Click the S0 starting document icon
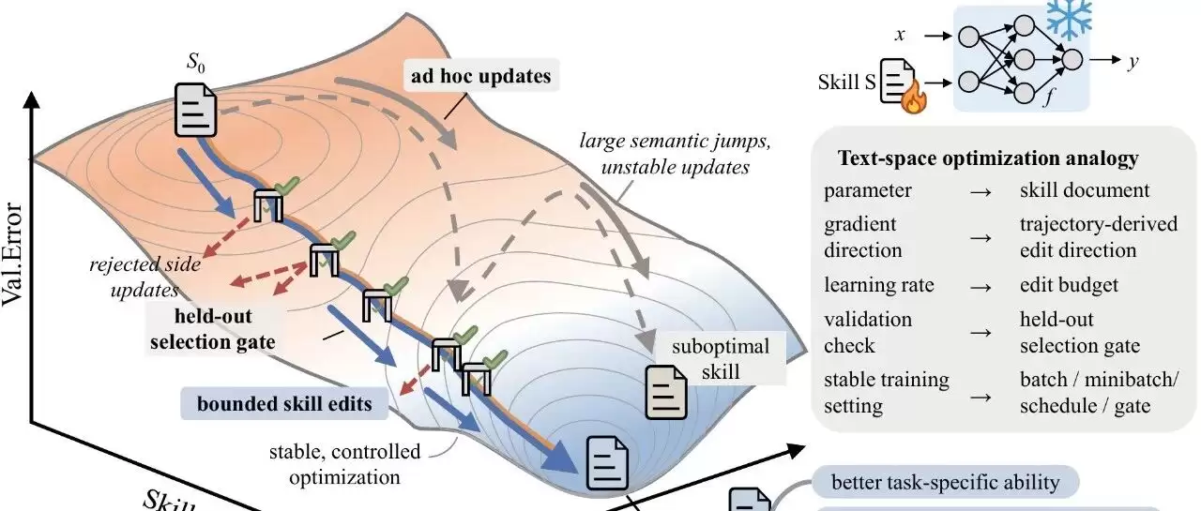pyautogui.click(x=196, y=110)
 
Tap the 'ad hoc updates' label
pyautogui.click(x=481, y=76)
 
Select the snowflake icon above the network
pyautogui.click(x=1069, y=18)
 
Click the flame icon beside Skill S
pyautogui.click(x=914, y=97)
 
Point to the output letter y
pyautogui.click(x=1133, y=61)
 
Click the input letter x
pyautogui.click(x=900, y=35)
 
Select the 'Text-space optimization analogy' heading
pyautogui.click(x=988, y=158)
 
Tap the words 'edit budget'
pyautogui.click(x=1069, y=284)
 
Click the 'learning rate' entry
pyautogui.click(x=879, y=284)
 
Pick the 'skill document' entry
pyautogui.click(x=1084, y=190)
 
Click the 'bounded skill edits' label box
pyautogui.click(x=284, y=403)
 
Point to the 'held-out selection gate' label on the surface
pyautogui.click(x=213, y=328)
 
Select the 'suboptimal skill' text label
pyautogui.click(x=720, y=358)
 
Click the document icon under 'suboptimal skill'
pyautogui.click(x=666, y=393)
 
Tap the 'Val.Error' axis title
pyautogui.click(x=12, y=254)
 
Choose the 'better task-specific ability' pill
pyautogui.click(x=945, y=482)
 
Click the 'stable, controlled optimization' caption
pyautogui.click(x=344, y=464)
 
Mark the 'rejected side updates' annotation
pyautogui.click(x=144, y=277)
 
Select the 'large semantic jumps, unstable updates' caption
pyautogui.click(x=675, y=154)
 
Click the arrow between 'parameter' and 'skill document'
pyautogui.click(x=981, y=192)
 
